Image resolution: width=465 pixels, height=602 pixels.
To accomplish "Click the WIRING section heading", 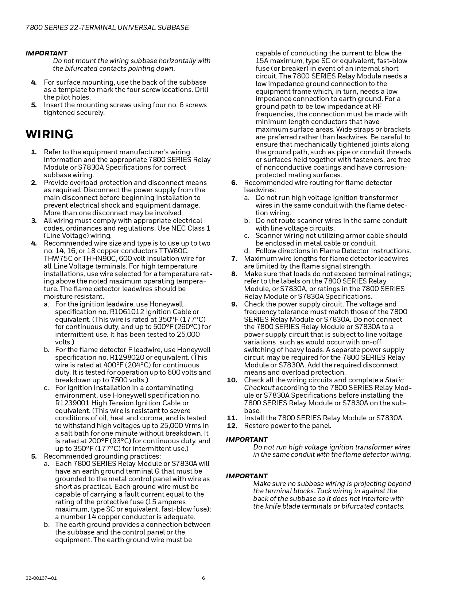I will pos(49,135).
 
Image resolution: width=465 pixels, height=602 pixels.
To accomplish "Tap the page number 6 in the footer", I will pos(204,578).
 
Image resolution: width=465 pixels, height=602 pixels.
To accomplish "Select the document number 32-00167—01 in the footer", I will pos(41,578).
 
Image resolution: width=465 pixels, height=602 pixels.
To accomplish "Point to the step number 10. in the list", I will pos(232,380).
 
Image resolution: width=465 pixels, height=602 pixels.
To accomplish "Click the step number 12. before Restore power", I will pos(232,426).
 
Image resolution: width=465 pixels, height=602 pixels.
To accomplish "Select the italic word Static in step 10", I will pos(394,380).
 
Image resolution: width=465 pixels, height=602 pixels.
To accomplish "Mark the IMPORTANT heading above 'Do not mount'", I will pos(46,53).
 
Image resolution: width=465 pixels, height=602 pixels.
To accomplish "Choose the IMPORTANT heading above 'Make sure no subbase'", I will pos(247,476).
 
